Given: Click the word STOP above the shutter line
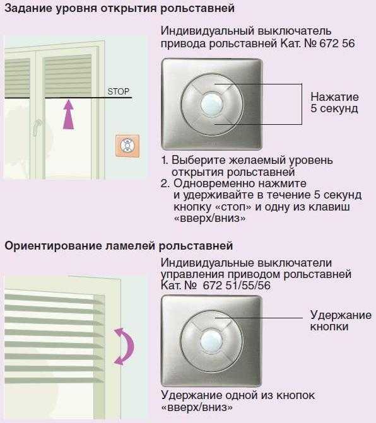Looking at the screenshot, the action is [118, 91].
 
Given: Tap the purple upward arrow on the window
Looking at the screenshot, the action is [68, 114].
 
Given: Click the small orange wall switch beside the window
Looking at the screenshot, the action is [127, 146].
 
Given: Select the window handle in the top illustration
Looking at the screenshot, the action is [37, 127].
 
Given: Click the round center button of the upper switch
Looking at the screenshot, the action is [211, 104].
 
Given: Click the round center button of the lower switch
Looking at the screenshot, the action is [211, 340].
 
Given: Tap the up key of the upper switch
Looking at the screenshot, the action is [211, 83].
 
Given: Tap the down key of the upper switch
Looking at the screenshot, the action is [211, 125].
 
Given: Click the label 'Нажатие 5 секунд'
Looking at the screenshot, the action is [334, 103].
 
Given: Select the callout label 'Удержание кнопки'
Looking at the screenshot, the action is [341, 320].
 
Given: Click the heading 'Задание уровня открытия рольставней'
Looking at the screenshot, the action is [120, 9].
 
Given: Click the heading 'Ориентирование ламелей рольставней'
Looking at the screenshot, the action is [119, 246].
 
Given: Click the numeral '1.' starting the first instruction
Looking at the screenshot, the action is [165, 160].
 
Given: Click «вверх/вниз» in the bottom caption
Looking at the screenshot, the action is [197, 407].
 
